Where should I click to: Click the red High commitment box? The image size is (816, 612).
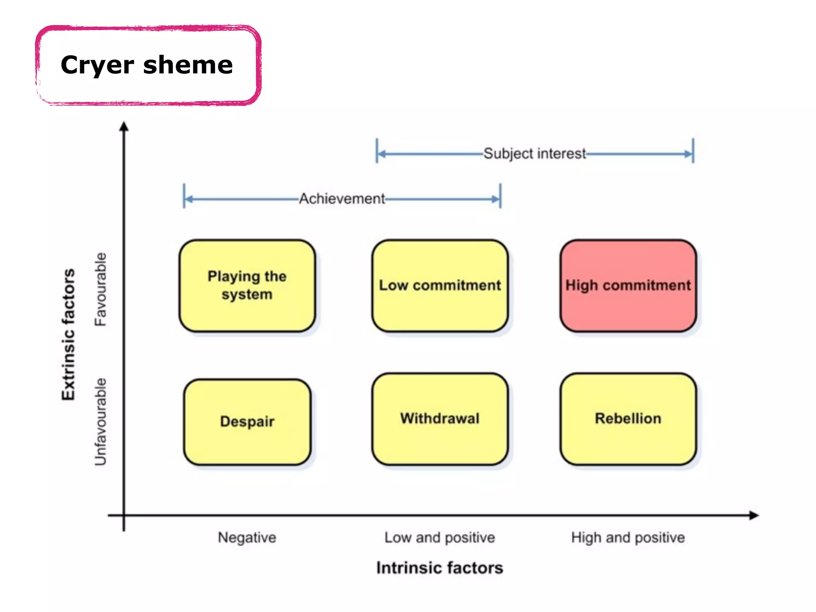click(628, 286)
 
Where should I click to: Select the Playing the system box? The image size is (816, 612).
click(247, 286)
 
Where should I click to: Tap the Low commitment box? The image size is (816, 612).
click(440, 286)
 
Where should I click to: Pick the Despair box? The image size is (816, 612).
click(247, 422)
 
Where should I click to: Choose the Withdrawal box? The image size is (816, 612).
click(440, 419)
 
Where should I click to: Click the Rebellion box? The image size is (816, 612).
click(628, 419)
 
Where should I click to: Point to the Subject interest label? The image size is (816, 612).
click(534, 153)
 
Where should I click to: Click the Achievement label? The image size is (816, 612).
click(342, 198)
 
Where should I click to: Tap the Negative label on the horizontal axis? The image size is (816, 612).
click(247, 537)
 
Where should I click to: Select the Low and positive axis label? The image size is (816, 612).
click(439, 537)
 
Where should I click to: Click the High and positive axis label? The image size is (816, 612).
click(628, 537)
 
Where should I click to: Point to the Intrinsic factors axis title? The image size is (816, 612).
click(439, 568)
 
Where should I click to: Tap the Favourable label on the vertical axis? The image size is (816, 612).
click(100, 289)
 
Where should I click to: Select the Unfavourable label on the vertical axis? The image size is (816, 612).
click(100, 422)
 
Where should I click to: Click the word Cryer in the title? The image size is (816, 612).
click(97, 65)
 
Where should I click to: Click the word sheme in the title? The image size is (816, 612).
click(188, 65)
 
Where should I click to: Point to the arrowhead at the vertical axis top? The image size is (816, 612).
click(124, 126)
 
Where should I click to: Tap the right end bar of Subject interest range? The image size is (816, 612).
click(693, 151)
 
